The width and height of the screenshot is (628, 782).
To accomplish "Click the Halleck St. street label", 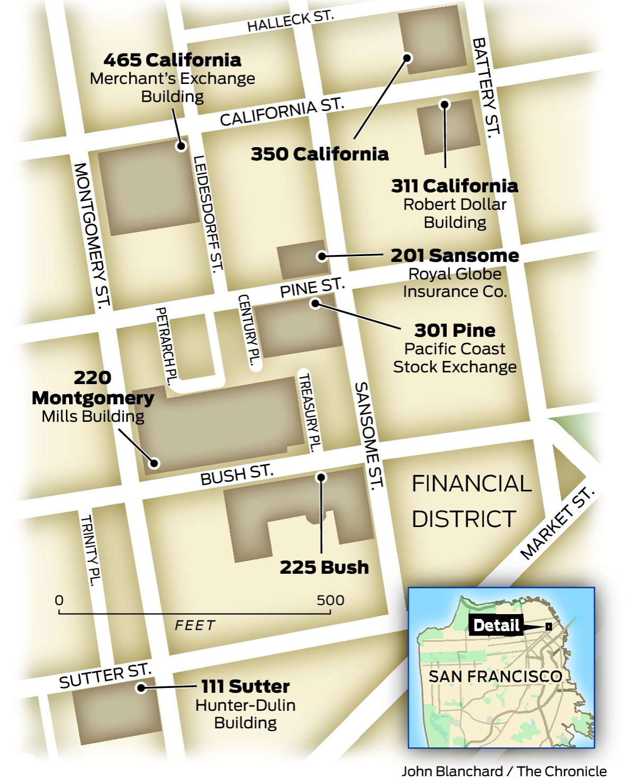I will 290,21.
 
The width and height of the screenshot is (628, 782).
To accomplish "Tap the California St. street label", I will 282,112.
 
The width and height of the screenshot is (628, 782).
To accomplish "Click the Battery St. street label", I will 486,87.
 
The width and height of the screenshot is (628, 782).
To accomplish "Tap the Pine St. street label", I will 312,287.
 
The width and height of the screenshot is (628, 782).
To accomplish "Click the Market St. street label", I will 556,523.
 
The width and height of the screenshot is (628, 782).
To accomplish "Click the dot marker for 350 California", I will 407,57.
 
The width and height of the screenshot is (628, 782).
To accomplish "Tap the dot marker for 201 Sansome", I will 322,256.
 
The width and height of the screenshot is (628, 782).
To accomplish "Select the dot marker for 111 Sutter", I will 141,688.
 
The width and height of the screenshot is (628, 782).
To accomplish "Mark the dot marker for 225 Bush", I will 321,477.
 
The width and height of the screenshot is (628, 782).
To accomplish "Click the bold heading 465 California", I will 172,59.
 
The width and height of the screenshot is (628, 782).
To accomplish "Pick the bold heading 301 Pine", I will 455,330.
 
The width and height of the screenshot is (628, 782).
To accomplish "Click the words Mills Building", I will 93,416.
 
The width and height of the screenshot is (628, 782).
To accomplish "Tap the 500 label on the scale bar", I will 330,600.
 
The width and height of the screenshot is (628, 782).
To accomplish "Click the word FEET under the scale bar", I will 195,625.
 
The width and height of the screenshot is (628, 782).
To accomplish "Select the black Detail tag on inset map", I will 496,625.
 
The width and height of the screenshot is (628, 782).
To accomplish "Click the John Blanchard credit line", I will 504,771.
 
